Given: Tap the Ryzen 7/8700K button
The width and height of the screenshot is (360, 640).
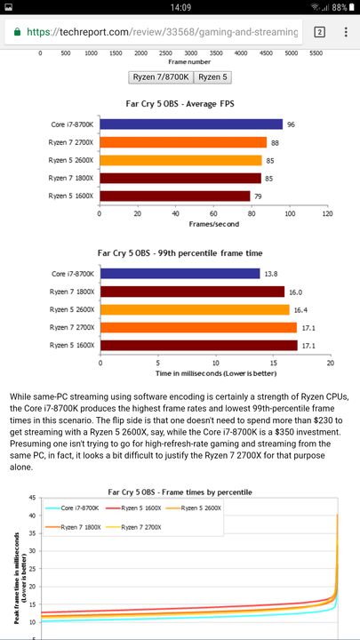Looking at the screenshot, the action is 161,77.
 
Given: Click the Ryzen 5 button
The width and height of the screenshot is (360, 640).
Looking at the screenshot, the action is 212,77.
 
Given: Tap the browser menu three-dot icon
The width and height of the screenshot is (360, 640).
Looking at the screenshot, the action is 346,32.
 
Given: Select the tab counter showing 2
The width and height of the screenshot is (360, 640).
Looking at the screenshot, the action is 319,32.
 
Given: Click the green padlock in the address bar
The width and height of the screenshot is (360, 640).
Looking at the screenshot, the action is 17,32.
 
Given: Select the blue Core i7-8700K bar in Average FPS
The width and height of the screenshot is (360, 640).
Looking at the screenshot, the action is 191,124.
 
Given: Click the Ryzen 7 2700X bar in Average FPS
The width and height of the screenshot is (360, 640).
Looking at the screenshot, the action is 183,142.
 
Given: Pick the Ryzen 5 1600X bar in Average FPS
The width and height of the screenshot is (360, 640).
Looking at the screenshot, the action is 175,196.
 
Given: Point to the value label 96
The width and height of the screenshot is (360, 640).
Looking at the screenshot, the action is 291,125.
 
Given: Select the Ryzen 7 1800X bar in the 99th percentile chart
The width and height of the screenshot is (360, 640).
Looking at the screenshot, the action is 192,292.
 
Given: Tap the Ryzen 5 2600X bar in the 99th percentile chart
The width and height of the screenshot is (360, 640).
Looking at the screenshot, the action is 195,310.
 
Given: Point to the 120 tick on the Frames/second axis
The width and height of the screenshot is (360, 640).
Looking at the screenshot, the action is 327,213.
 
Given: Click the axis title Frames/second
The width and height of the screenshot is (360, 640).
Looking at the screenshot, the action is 214,224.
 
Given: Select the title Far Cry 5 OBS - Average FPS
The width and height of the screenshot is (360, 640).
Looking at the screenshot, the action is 180,104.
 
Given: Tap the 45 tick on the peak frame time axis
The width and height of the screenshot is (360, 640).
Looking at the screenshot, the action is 32,498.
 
